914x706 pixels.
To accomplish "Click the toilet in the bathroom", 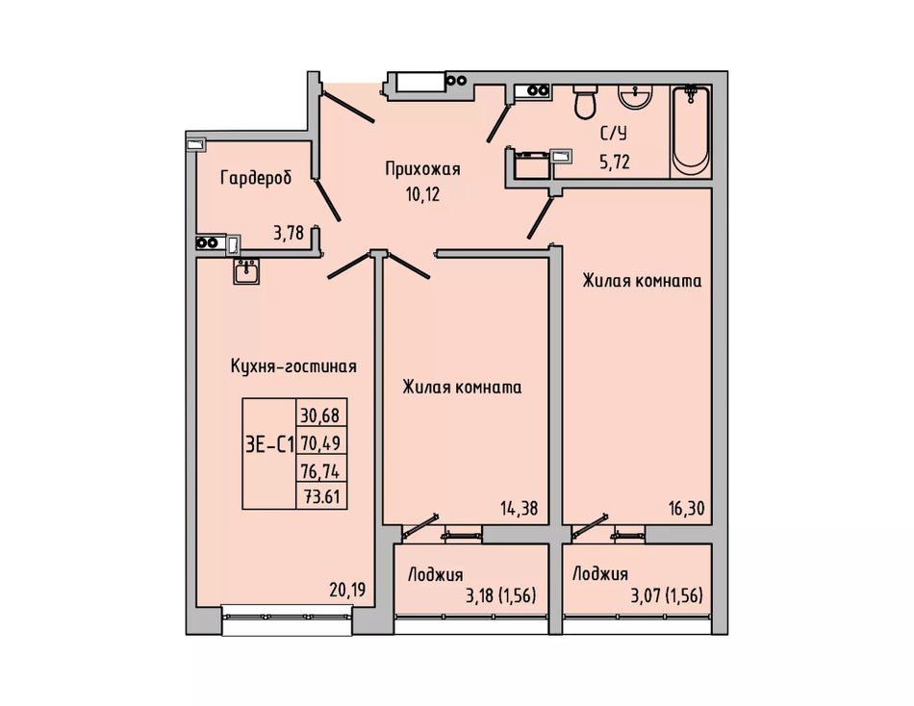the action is pyautogui.click(x=585, y=103).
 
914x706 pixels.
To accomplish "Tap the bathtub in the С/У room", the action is pyautogui.click(x=691, y=131).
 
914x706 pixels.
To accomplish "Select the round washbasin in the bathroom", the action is pyautogui.click(x=635, y=96).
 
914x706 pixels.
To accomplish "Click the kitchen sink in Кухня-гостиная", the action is pyautogui.click(x=246, y=272).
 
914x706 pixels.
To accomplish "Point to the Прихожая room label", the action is pyautogui.click(x=422, y=169).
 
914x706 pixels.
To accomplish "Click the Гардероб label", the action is pyautogui.click(x=256, y=177).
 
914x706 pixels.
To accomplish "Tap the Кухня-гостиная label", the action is pyautogui.click(x=293, y=366).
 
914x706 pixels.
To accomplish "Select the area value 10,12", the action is pyautogui.click(x=422, y=194).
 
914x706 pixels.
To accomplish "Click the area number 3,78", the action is pyautogui.click(x=289, y=233).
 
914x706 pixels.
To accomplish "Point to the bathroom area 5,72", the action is pyautogui.click(x=615, y=162).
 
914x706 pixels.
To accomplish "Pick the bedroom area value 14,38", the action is pyautogui.click(x=519, y=509).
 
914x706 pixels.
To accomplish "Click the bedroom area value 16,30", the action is pyautogui.click(x=686, y=509).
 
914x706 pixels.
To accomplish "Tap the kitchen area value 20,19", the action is pyautogui.click(x=347, y=591).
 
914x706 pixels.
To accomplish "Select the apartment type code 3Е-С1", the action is pyautogui.click(x=269, y=444).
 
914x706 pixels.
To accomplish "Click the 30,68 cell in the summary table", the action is pyautogui.click(x=320, y=416).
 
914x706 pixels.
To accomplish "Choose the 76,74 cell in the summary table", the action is pyautogui.click(x=320, y=470).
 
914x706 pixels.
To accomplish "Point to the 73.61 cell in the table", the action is pyautogui.click(x=321, y=496).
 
